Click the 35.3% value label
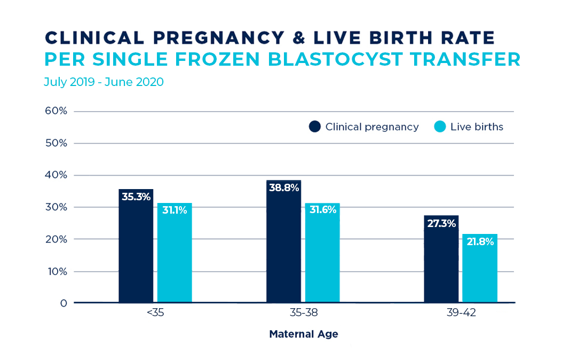click(x=136, y=197)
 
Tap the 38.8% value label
click(x=283, y=188)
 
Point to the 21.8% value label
click(x=479, y=241)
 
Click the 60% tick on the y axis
click(x=56, y=111)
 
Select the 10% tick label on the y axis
click(x=56, y=271)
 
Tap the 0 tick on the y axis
click(x=64, y=303)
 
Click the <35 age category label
click(x=155, y=314)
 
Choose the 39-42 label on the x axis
click(x=461, y=314)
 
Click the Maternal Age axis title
click(x=303, y=334)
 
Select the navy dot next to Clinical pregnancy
click(x=315, y=127)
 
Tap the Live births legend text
click(x=477, y=127)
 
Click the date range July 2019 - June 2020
click(x=104, y=82)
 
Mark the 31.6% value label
click(x=322, y=210)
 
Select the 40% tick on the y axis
click(x=56, y=175)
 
